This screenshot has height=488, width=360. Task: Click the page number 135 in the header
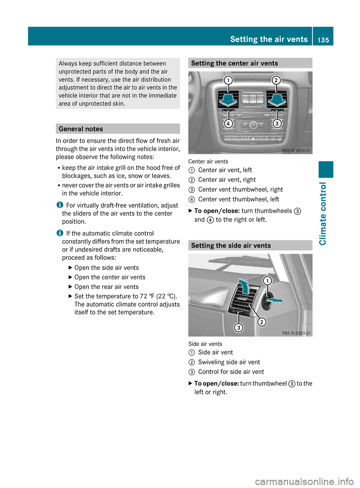tap(323, 40)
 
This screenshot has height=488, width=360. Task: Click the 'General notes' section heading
tap(81, 129)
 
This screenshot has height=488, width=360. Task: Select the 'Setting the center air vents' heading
tap(234, 63)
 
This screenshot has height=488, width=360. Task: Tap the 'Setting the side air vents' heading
tap(231, 245)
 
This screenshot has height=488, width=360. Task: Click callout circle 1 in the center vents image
tap(228, 80)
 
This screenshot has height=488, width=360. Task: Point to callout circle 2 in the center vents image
tap(276, 80)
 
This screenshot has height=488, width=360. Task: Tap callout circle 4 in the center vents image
tap(228, 123)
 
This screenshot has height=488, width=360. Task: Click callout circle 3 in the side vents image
tap(238, 328)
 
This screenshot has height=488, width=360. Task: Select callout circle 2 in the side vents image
tap(262, 322)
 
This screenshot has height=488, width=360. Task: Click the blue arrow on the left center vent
tap(228, 100)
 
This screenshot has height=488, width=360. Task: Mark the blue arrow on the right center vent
tap(277, 100)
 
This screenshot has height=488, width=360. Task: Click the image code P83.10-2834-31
tap(296, 151)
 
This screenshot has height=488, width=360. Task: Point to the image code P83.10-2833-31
tap(296, 333)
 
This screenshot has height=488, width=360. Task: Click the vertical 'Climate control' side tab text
tap(323, 214)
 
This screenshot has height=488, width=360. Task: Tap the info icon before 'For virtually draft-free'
tap(60, 205)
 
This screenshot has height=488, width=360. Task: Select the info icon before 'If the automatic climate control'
tap(60, 233)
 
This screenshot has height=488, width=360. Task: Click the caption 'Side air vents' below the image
tap(205, 344)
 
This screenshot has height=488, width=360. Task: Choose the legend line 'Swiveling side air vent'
tap(229, 362)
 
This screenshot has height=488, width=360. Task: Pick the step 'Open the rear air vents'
tap(106, 287)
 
